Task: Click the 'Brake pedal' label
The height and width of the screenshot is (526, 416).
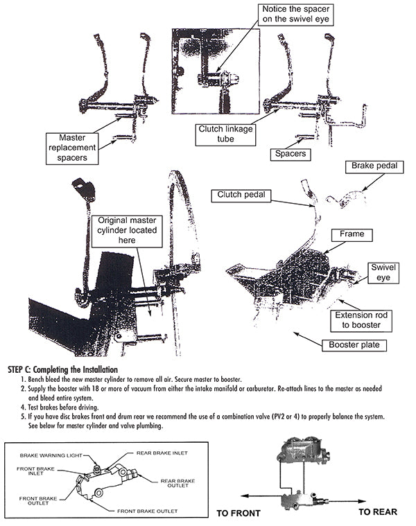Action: pos(373,166)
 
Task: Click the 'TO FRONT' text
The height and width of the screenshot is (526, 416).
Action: pos(239,514)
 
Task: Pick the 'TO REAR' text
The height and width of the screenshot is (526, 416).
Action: pos(377,512)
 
